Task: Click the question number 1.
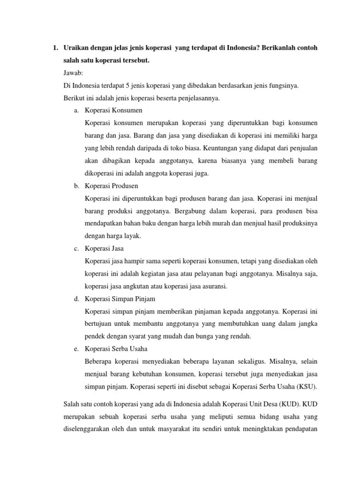pyautogui.click(x=54, y=48)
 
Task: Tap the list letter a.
pyautogui.click(x=76, y=111)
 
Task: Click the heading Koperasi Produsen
pyautogui.click(x=111, y=186)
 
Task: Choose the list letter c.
pyautogui.click(x=76, y=248)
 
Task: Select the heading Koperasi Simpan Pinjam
pyautogui.click(x=120, y=298)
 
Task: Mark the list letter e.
pyautogui.click(x=76, y=348)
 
